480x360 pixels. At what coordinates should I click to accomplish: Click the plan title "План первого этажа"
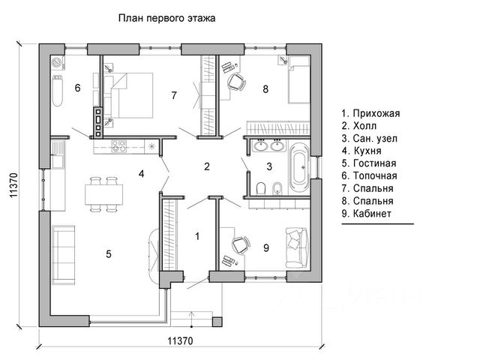[x=166, y=18]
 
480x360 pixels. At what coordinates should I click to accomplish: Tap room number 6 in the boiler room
[x=77, y=88]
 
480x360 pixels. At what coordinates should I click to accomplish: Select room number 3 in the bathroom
[x=269, y=166]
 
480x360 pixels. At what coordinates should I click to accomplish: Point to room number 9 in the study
[x=266, y=248]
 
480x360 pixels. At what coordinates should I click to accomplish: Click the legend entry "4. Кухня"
[x=361, y=151]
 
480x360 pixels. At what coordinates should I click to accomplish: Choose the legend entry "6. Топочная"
[x=370, y=176]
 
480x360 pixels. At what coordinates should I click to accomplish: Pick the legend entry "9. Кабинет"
[x=367, y=213]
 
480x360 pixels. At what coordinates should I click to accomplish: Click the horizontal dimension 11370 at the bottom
[x=181, y=340]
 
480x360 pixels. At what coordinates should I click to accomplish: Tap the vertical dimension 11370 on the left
[x=13, y=185]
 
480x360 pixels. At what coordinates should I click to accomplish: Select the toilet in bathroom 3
[x=261, y=188]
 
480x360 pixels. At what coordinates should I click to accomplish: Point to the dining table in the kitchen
[x=104, y=195]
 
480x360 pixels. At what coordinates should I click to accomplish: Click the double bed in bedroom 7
[x=132, y=95]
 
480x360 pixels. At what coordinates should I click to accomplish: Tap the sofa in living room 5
[x=63, y=255]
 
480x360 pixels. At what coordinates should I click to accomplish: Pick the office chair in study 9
[x=241, y=245]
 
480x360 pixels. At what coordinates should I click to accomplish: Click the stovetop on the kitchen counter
[x=119, y=146]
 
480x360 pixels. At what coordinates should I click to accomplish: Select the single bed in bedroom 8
[x=298, y=79]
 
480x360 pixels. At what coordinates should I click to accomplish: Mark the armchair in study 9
[x=296, y=248]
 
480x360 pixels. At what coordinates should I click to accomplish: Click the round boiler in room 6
[x=57, y=63]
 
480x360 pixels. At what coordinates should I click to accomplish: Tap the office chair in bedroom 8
[x=237, y=82]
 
